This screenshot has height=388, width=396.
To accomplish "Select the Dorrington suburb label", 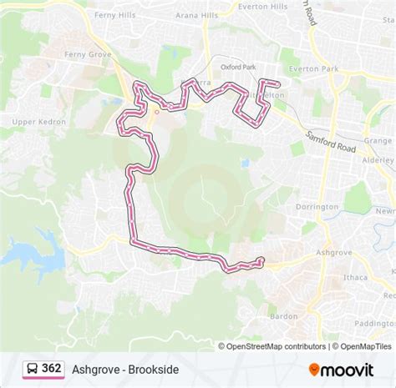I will [317, 206].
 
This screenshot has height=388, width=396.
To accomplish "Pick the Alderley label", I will [378, 157].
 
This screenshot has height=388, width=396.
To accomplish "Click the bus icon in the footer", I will [31, 369].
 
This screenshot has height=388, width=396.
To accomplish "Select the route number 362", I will [52, 369].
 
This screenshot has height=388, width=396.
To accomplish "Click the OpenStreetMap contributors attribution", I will [272, 346].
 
